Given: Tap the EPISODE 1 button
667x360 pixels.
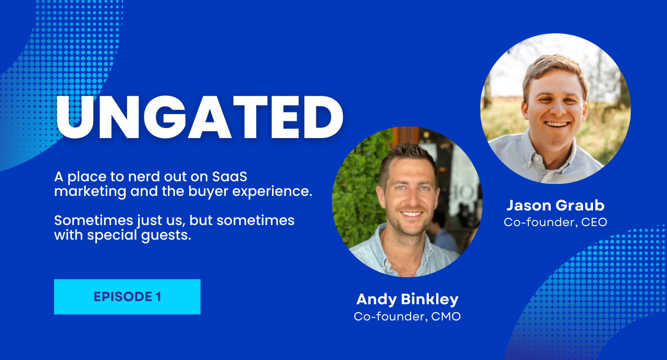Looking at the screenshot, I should (x=127, y=297).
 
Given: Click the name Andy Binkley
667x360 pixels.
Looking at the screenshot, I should (x=407, y=299).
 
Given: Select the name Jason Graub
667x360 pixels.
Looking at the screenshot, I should (x=555, y=205).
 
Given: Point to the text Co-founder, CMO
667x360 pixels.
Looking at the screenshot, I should (x=407, y=316).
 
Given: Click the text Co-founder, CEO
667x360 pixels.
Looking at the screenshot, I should (x=555, y=222).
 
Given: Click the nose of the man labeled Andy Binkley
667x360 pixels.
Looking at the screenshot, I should (x=411, y=201).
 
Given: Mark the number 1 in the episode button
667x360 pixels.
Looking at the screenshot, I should (x=158, y=297).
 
